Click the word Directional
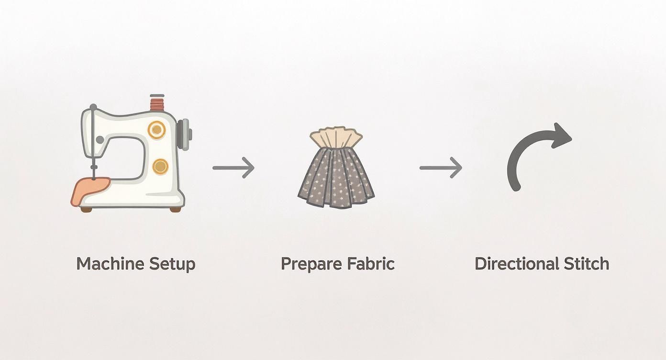[x=516, y=264]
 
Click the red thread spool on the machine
[x=157, y=103]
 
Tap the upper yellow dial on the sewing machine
[x=156, y=130]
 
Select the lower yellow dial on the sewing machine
[x=160, y=166]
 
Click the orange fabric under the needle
[x=89, y=191]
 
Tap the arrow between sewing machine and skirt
[x=233, y=168]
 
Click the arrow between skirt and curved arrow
[x=441, y=168]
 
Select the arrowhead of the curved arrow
[x=561, y=135]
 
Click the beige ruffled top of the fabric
[x=335, y=137]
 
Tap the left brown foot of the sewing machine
[x=87, y=209]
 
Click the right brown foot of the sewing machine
[x=175, y=209]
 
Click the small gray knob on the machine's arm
[x=100, y=140]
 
